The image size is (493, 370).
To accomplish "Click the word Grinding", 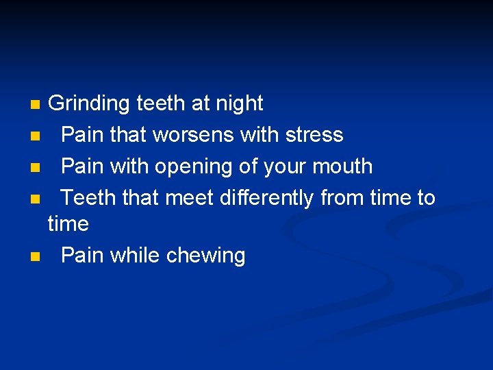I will [89, 103].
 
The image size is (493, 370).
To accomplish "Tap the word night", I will [239, 103].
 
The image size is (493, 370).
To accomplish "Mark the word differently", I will [268, 197].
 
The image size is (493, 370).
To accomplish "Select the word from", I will [342, 197].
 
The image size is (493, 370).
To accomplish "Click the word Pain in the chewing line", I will [82, 256].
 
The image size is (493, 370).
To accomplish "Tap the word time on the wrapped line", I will [68, 223].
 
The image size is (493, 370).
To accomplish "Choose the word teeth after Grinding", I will [161, 103].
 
